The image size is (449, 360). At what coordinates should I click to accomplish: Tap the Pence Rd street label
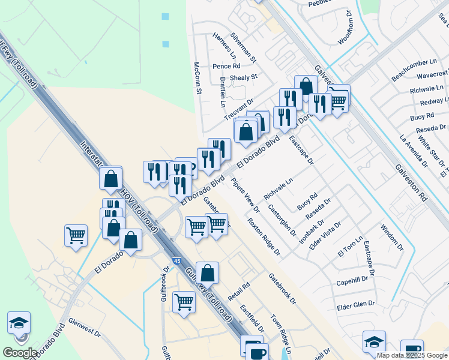click(227, 66)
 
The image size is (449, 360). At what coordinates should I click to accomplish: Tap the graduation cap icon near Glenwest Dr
click(19, 323)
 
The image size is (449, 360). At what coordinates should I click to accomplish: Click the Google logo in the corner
click(20, 353)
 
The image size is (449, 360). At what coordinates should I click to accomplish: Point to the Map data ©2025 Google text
click(412, 355)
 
